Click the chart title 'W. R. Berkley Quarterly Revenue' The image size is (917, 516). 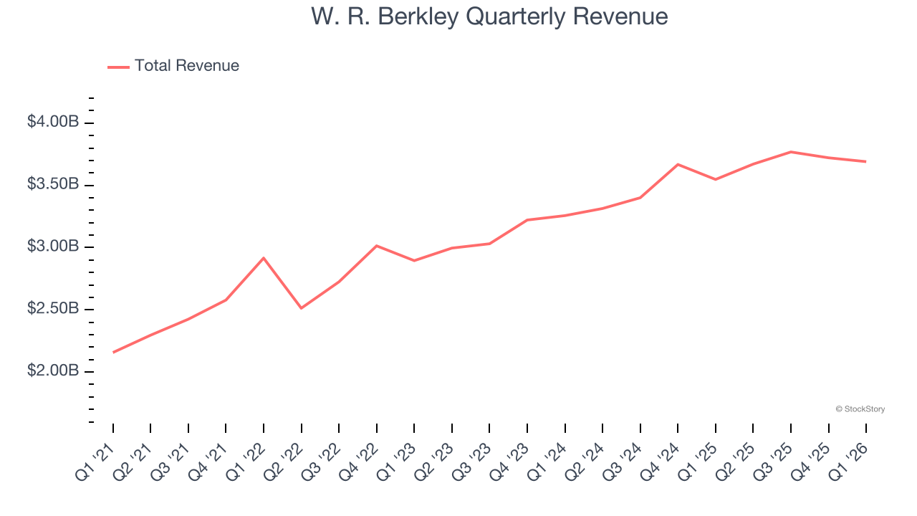tap(489, 16)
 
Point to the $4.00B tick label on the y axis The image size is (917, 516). tap(53, 123)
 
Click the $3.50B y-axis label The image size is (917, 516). tap(53, 184)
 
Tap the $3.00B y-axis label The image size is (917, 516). tap(53, 247)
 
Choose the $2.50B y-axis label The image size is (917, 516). tap(53, 309)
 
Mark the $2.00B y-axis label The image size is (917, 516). tap(53, 371)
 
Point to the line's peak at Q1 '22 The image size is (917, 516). tap(264, 258)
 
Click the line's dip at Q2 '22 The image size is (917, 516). tap(301, 308)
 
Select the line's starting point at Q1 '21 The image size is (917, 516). tap(113, 352)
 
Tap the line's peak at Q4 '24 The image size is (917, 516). tap(678, 165)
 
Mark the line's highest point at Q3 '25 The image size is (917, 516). tap(791, 152)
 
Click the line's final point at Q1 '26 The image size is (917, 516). tap(866, 161)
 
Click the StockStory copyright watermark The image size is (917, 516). tap(860, 409)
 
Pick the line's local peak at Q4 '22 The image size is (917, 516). tap(377, 246)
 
